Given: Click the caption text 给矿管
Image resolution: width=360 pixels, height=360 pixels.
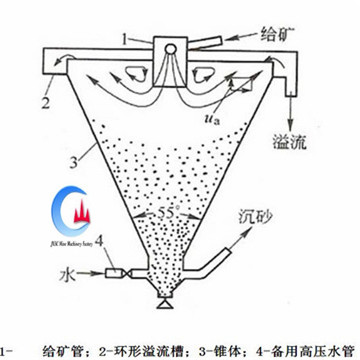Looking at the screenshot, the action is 65,349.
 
